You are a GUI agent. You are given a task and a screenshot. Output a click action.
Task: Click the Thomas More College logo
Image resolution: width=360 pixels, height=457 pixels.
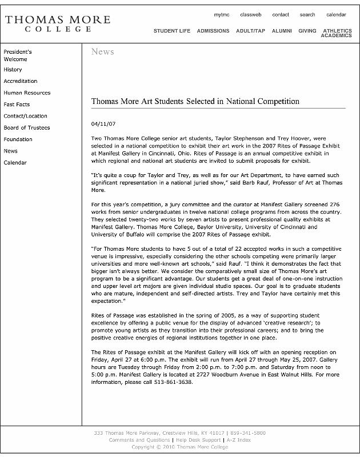(x=57, y=24)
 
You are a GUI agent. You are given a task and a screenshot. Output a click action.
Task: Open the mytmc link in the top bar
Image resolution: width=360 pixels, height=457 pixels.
(x=222, y=15)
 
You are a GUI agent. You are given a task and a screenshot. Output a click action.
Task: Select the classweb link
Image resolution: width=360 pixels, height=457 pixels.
(x=250, y=15)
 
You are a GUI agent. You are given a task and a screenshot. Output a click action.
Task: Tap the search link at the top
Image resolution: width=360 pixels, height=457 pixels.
(x=307, y=15)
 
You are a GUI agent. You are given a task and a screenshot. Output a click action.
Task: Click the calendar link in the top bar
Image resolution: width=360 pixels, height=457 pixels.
(x=336, y=15)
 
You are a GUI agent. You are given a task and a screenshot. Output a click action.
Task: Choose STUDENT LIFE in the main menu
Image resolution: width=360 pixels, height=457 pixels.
(x=171, y=31)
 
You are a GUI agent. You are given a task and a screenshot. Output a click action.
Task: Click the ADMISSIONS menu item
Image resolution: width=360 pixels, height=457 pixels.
(x=213, y=31)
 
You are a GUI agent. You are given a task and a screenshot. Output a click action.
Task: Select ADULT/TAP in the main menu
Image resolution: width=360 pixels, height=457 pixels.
(x=250, y=31)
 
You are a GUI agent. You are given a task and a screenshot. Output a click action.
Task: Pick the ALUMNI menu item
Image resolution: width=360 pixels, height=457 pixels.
(x=282, y=31)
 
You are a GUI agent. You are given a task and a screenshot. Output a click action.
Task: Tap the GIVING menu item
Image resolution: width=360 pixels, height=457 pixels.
(x=307, y=31)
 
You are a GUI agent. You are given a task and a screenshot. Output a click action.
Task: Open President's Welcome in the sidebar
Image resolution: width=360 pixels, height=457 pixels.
(x=17, y=55)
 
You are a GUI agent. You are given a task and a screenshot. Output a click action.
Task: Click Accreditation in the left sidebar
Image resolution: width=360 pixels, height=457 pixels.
(x=21, y=81)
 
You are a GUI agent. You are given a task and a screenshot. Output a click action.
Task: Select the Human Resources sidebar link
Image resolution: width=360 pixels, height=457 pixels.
(x=27, y=93)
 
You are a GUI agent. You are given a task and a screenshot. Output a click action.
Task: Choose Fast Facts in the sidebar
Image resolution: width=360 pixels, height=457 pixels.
(x=17, y=105)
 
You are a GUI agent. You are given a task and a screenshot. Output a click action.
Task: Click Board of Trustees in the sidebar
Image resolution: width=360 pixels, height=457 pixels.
(x=27, y=128)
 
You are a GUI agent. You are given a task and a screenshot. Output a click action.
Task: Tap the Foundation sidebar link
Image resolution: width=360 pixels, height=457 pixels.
(x=18, y=139)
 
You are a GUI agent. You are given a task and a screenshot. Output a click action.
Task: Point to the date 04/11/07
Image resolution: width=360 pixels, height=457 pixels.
(x=103, y=124)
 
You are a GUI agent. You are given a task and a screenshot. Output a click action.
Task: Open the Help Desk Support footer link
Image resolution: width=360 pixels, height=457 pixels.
(x=198, y=440)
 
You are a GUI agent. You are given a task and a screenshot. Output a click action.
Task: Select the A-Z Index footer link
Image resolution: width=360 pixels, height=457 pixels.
(x=238, y=440)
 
